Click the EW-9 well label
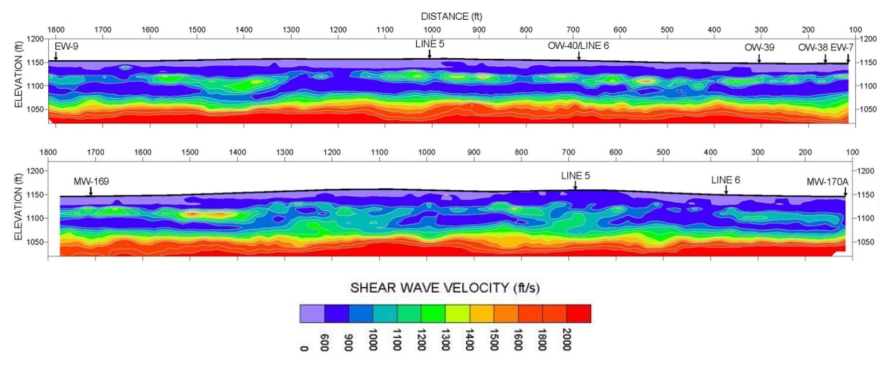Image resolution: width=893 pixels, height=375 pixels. point(66,47)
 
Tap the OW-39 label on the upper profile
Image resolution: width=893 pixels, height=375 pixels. point(759,47)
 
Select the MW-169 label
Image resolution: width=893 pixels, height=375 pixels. point(91,181)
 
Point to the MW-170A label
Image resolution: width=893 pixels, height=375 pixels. point(827,181)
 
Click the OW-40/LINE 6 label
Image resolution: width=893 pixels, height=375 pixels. point(578,46)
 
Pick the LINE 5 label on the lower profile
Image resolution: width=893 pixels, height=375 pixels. point(575,176)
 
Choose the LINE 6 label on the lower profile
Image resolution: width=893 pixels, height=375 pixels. point(725,180)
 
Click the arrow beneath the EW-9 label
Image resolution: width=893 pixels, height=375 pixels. point(56,55)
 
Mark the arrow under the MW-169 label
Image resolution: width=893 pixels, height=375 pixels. point(91,191)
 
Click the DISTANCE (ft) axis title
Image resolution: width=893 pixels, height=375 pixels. point(451,16)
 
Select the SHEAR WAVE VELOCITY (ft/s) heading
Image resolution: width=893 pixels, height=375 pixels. point(445,288)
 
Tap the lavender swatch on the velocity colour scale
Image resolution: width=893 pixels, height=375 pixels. point(312,314)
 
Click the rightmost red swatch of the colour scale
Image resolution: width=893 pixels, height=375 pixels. point(579,314)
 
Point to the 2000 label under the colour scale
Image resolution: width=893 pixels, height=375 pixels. point(567,339)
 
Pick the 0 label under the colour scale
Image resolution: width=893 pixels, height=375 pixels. point(304,348)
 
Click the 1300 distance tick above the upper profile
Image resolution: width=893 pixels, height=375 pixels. point(291,30)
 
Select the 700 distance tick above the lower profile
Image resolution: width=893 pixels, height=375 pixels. point(568,152)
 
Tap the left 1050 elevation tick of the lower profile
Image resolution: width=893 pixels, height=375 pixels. point(36,242)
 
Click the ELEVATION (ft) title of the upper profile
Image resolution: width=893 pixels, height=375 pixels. point(19,72)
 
